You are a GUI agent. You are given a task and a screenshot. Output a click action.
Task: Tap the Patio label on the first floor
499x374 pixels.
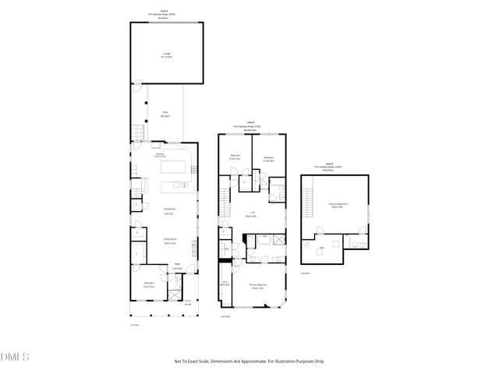(165, 115)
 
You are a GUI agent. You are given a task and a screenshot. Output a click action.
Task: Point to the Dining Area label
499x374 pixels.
(167, 211)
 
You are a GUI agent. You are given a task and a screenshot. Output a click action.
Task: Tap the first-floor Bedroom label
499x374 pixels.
(148, 284)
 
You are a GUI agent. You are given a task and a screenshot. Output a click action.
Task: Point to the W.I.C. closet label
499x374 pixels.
(225, 283)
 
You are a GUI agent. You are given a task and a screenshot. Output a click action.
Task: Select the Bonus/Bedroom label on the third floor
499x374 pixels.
(338, 205)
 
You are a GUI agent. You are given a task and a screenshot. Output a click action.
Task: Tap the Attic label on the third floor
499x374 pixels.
(322, 249)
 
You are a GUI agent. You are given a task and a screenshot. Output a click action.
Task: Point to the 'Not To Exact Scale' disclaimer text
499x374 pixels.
(249, 361)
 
